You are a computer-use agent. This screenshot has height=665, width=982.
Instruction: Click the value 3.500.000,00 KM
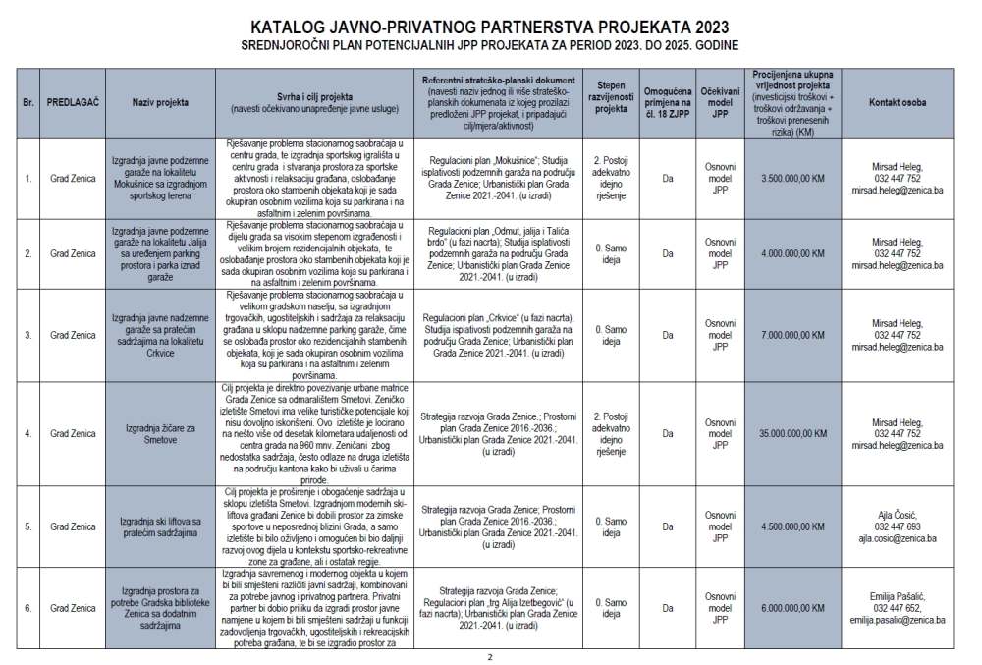[x=792, y=178]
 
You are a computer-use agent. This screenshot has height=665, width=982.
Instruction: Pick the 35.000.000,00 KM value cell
[x=792, y=433]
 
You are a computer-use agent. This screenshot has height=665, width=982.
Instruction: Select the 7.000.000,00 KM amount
[x=792, y=335]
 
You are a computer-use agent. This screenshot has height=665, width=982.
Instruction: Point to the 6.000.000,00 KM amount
[x=792, y=608]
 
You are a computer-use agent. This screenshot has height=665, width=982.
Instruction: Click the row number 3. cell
[x=28, y=335]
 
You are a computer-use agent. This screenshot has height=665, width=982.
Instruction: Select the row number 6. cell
[x=28, y=608]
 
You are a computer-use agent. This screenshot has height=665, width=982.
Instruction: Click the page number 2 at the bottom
[x=489, y=656]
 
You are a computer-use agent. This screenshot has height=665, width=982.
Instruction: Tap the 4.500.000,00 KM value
[x=792, y=526]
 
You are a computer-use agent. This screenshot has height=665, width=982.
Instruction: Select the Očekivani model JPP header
[x=720, y=101]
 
